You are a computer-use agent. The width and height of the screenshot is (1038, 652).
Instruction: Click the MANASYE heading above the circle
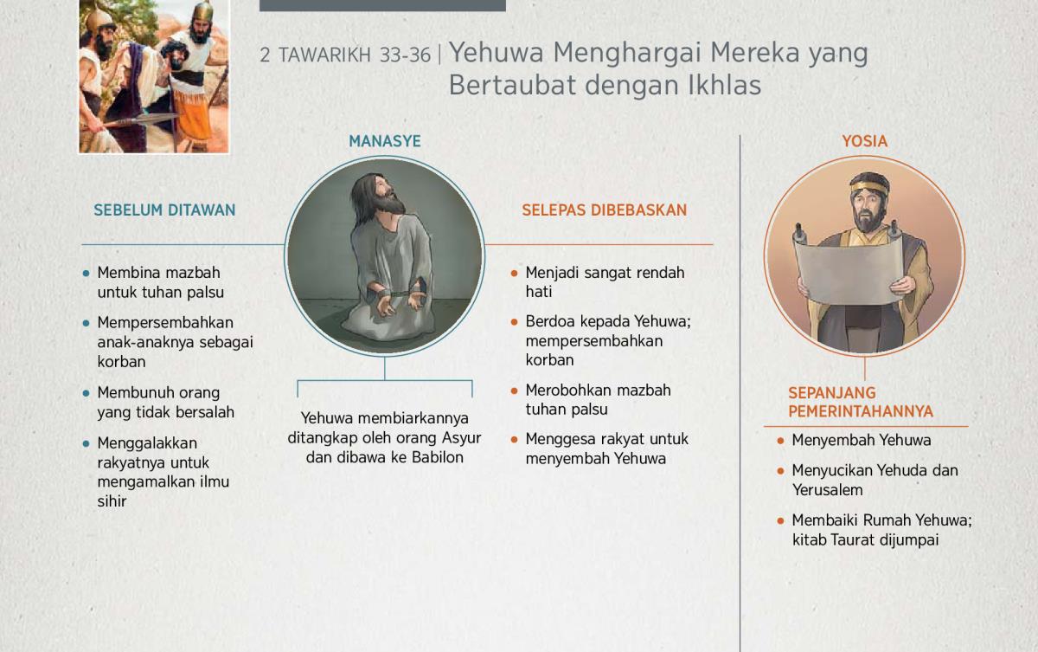click(385, 141)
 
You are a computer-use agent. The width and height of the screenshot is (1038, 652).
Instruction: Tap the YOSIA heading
click(865, 141)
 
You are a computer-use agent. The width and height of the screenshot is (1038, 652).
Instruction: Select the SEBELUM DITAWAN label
click(164, 210)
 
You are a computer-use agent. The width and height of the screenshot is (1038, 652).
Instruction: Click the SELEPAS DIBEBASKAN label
click(605, 210)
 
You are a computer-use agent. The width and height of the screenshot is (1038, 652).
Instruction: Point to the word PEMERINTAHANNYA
click(861, 411)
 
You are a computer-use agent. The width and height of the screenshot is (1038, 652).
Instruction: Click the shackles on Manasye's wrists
click(397, 293)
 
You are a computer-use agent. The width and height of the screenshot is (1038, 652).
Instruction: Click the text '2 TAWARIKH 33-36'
click(345, 55)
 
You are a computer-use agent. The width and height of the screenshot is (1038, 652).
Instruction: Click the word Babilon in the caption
click(438, 458)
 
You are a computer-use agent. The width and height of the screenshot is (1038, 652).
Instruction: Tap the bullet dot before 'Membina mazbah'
click(86, 274)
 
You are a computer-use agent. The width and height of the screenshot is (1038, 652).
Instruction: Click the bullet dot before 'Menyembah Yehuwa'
click(780, 441)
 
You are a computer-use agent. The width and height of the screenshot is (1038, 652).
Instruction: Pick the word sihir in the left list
click(112, 501)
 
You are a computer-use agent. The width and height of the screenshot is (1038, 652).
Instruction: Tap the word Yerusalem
click(827, 490)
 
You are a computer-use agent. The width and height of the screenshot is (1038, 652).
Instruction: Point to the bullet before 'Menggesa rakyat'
click(514, 440)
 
